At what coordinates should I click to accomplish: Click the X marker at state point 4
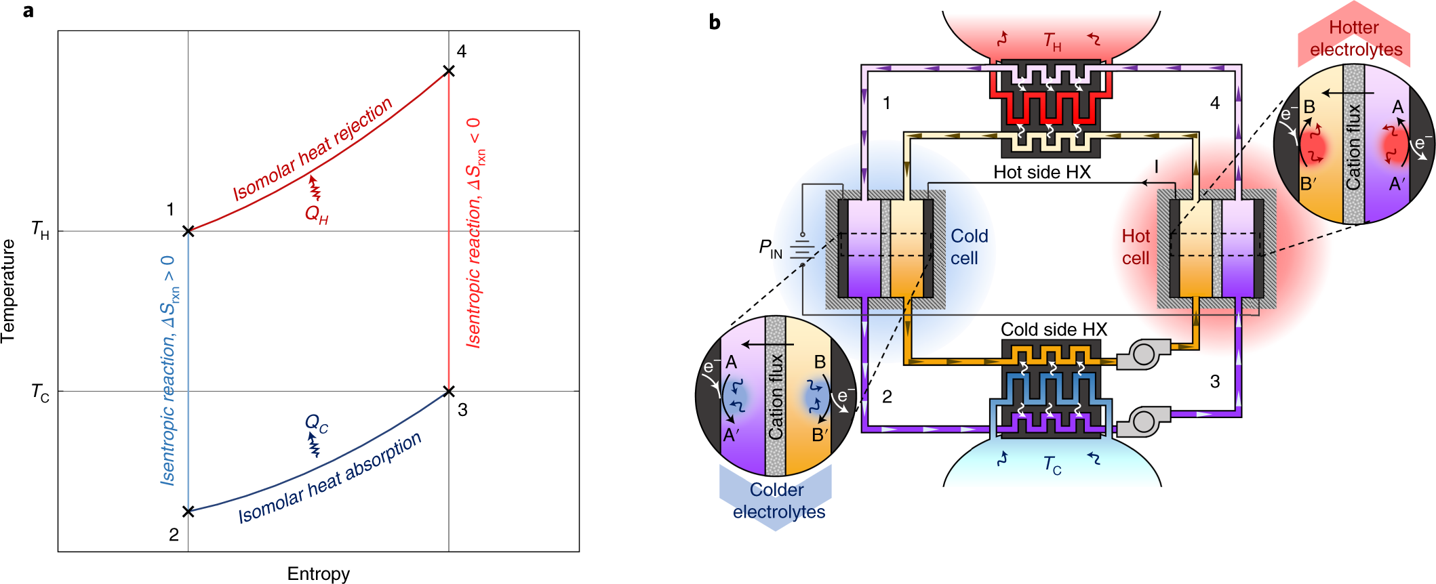(x=448, y=71)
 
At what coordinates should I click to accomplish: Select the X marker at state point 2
(x=188, y=512)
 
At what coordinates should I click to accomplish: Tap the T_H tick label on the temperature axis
(x=41, y=230)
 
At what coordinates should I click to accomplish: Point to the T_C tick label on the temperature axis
(x=41, y=392)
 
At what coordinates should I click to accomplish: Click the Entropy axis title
(x=318, y=574)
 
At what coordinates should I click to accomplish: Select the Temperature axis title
(x=9, y=291)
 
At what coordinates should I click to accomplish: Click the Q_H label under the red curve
(x=317, y=215)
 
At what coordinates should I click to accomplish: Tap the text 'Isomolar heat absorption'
(x=330, y=478)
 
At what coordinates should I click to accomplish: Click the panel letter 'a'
(x=28, y=12)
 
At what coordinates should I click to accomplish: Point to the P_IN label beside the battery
(x=770, y=249)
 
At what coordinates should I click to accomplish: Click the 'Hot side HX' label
(x=1042, y=172)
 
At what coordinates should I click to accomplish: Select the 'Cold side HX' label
(x=1054, y=329)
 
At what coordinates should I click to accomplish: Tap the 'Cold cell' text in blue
(x=969, y=247)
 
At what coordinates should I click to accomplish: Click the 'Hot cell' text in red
(x=1136, y=247)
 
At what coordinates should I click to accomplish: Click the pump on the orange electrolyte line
(x=1143, y=354)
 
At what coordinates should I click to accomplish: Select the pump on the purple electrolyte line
(x=1143, y=421)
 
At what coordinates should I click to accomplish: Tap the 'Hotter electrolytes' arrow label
(x=1355, y=39)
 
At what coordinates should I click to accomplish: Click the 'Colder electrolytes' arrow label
(x=778, y=501)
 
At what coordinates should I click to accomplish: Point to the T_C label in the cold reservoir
(x=1052, y=465)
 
